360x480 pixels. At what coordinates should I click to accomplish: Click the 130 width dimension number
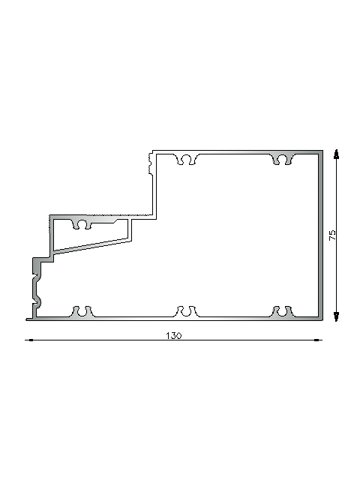(x=173, y=335)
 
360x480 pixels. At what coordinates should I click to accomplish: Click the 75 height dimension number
(x=332, y=235)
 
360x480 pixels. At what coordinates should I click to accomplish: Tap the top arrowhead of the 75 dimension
(x=335, y=154)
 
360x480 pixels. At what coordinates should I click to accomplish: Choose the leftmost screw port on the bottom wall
(x=82, y=311)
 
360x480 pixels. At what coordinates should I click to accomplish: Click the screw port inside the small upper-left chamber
(x=82, y=223)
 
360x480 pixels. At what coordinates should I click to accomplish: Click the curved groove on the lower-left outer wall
(x=35, y=289)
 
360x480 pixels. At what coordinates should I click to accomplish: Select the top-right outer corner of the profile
(x=322, y=151)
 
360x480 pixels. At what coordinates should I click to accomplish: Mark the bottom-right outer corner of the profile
(x=322, y=320)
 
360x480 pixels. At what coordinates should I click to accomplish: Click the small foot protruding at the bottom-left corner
(x=28, y=319)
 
